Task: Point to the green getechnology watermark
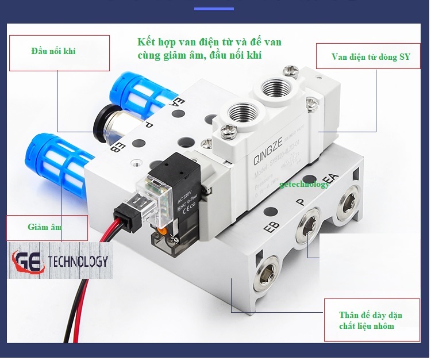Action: pyautogui.click(x=305, y=184)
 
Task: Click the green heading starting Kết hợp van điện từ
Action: pyautogui.click(x=210, y=48)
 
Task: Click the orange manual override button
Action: pyautogui.click(x=164, y=232)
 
